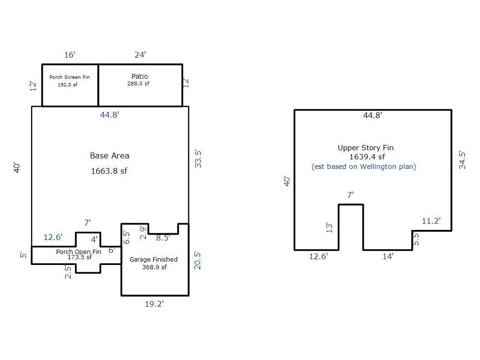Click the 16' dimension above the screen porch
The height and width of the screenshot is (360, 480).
(70, 55)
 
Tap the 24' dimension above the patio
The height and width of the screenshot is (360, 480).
(140, 55)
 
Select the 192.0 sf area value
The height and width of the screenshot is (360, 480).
(67, 84)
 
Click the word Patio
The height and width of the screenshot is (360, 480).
(140, 76)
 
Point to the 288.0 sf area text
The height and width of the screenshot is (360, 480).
(138, 83)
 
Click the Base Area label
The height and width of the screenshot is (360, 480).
(109, 156)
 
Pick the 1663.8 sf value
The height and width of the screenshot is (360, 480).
(109, 171)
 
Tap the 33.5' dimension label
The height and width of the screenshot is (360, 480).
(198, 158)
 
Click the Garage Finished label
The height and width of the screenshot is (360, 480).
(154, 259)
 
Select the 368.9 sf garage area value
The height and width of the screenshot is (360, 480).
(154, 267)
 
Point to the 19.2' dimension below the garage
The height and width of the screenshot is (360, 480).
(154, 304)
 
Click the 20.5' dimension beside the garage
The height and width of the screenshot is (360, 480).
(197, 261)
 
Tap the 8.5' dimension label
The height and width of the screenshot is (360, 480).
(163, 238)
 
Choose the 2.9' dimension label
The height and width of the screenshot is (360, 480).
(143, 232)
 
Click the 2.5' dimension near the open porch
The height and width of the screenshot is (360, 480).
(68, 272)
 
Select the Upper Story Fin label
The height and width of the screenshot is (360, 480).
(365, 147)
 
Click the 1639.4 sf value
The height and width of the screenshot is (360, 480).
(367, 157)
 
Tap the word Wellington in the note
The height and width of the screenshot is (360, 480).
(378, 167)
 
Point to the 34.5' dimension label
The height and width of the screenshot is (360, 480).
(462, 160)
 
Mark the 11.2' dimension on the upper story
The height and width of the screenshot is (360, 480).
(432, 221)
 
